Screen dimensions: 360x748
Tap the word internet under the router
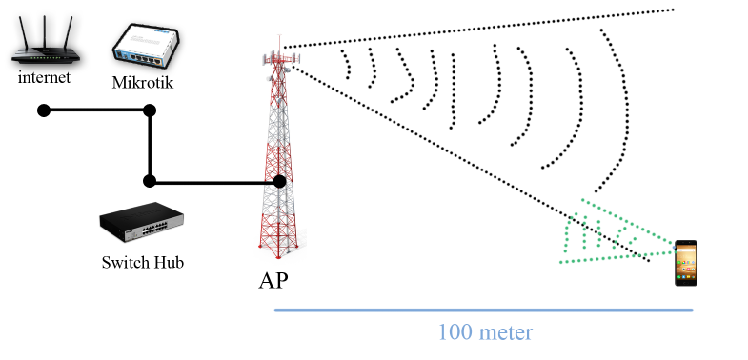tap(44, 77)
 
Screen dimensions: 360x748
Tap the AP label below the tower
tap(273, 282)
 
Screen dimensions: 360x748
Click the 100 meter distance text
tap(484, 332)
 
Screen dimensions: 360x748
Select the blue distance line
tap(484, 310)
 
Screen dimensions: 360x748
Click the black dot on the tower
tap(279, 181)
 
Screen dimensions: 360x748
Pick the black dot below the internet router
tap(44, 110)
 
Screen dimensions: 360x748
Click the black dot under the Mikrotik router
tap(150, 110)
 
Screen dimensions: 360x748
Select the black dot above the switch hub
tap(150, 180)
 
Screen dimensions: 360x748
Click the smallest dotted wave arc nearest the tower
tap(347, 65)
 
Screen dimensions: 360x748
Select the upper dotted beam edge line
tap(476, 29)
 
